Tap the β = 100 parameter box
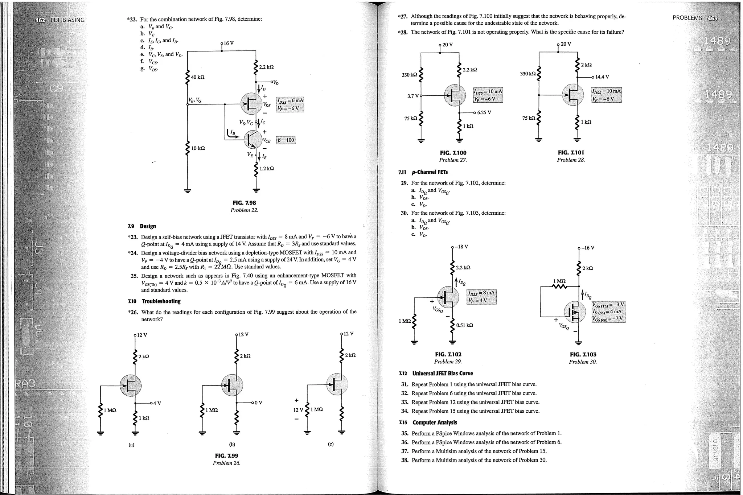(x=286, y=140)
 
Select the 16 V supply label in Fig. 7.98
(x=228, y=43)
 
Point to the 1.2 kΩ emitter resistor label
(x=267, y=169)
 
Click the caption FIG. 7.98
(x=244, y=203)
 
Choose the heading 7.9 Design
(x=142, y=226)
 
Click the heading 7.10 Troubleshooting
(x=154, y=301)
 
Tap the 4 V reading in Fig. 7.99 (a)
(x=157, y=403)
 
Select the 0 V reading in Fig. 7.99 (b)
(x=258, y=403)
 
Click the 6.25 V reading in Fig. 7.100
(x=484, y=112)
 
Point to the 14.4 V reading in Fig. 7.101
(x=602, y=77)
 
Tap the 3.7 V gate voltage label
(x=413, y=96)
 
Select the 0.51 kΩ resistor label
(x=464, y=325)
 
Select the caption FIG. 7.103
(x=583, y=355)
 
